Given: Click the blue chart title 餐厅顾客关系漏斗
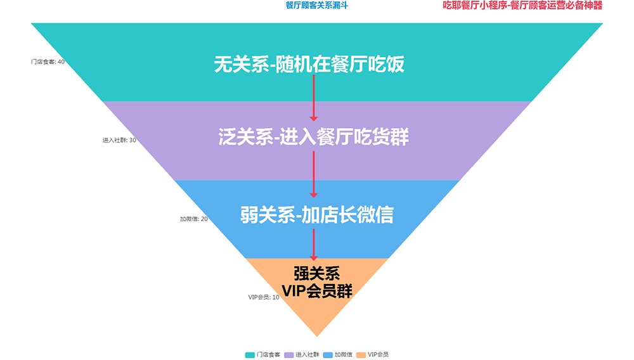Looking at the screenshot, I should coord(316,6).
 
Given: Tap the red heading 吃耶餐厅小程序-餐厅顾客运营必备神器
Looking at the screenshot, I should coord(522,6).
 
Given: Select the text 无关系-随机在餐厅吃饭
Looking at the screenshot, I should coord(309,65).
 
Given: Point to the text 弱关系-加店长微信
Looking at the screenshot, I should coord(316,215).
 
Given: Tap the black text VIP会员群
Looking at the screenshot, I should coord(316,291).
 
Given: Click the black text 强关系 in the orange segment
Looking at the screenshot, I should coord(316,273).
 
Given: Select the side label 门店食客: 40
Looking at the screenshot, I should coord(48,62).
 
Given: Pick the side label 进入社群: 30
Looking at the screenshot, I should coord(119,141).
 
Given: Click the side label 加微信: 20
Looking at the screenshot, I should coord(193,219).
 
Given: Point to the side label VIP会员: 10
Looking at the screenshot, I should coord(263,297).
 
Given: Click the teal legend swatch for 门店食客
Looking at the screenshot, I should coord(250,354).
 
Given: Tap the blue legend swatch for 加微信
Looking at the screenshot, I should coord(328,354).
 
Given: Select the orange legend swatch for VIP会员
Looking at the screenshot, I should coord(361,354).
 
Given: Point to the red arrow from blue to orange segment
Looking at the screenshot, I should coord(313,244).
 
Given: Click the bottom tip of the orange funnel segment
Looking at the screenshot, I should coord(317,334).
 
